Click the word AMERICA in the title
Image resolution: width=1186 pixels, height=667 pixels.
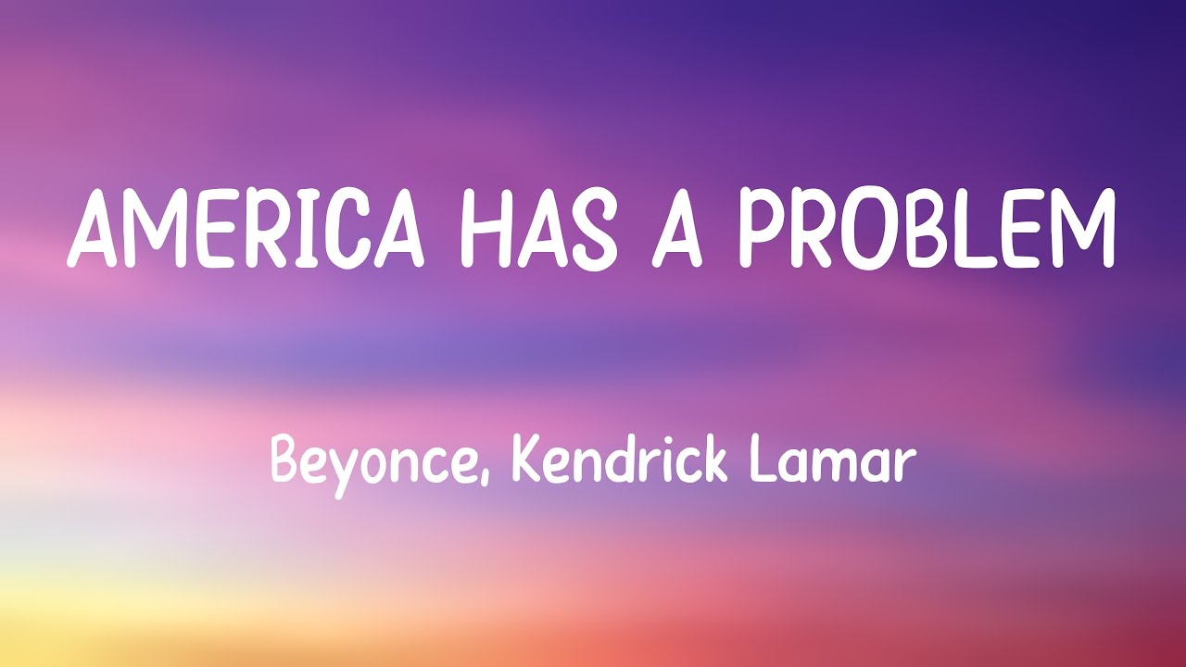[246, 230]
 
